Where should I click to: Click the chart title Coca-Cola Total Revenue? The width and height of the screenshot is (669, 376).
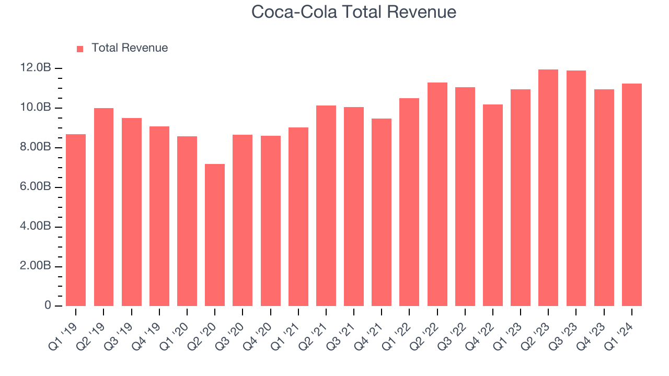[354, 12]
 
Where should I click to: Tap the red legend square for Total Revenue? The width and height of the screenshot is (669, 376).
[80, 49]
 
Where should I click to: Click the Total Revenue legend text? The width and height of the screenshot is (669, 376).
[130, 48]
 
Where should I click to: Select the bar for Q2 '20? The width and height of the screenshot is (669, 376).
[215, 235]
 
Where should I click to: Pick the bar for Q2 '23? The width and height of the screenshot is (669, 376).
[548, 188]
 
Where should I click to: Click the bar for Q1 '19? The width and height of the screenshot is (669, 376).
[76, 220]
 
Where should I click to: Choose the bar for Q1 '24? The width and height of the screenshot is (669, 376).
[631, 195]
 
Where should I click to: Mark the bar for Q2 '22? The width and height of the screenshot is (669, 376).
[437, 194]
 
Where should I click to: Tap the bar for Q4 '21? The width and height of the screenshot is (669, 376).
[382, 212]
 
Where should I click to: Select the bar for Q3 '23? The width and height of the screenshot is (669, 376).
[576, 189]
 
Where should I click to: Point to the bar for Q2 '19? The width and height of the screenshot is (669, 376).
[103, 207]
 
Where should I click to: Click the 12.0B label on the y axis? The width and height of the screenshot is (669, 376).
[36, 68]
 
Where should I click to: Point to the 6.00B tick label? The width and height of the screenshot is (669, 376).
[36, 187]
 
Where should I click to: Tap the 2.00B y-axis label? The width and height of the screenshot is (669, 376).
[36, 266]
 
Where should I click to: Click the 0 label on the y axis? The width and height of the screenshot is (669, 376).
[48, 305]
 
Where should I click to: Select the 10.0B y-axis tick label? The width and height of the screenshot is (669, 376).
[36, 108]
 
